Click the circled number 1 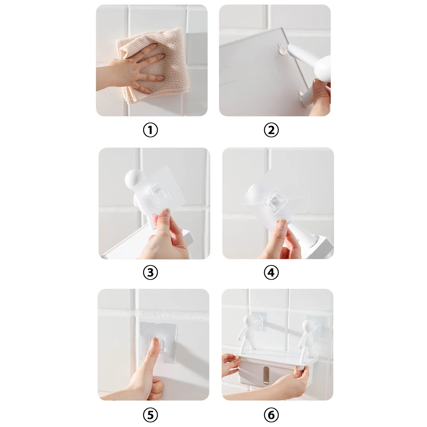point(151,130)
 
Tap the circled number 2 point(271,130)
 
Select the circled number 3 point(151,272)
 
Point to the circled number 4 point(271,272)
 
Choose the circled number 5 point(151,415)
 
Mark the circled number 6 point(271,415)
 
